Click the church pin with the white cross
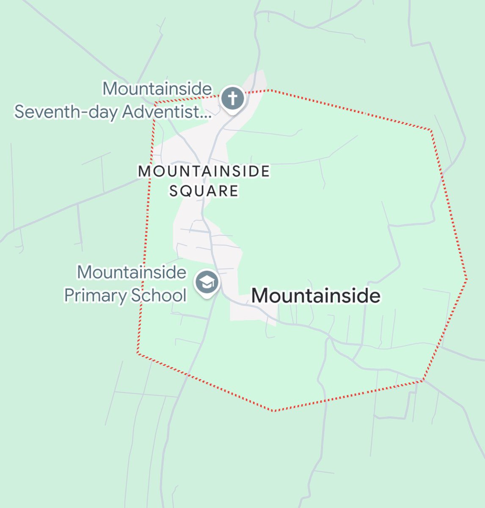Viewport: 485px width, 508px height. tap(233, 99)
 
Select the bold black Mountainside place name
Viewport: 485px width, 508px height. tap(316, 295)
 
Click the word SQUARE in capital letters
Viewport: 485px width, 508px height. tap(204, 191)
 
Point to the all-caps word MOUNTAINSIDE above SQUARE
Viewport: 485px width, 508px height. tap(204, 171)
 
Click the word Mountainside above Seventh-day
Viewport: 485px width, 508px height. tap(157, 89)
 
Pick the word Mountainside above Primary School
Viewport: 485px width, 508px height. tap(131, 272)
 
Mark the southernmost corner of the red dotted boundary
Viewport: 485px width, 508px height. tap(274, 411)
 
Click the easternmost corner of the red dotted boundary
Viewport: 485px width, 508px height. tap(466, 279)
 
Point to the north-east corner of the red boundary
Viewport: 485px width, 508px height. tap(431, 130)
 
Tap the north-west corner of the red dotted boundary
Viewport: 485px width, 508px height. tap(155, 103)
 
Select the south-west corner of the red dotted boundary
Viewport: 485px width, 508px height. tap(138, 353)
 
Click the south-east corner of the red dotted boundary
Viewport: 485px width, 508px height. tap(423, 381)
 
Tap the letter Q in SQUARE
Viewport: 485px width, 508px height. tap(188, 191)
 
